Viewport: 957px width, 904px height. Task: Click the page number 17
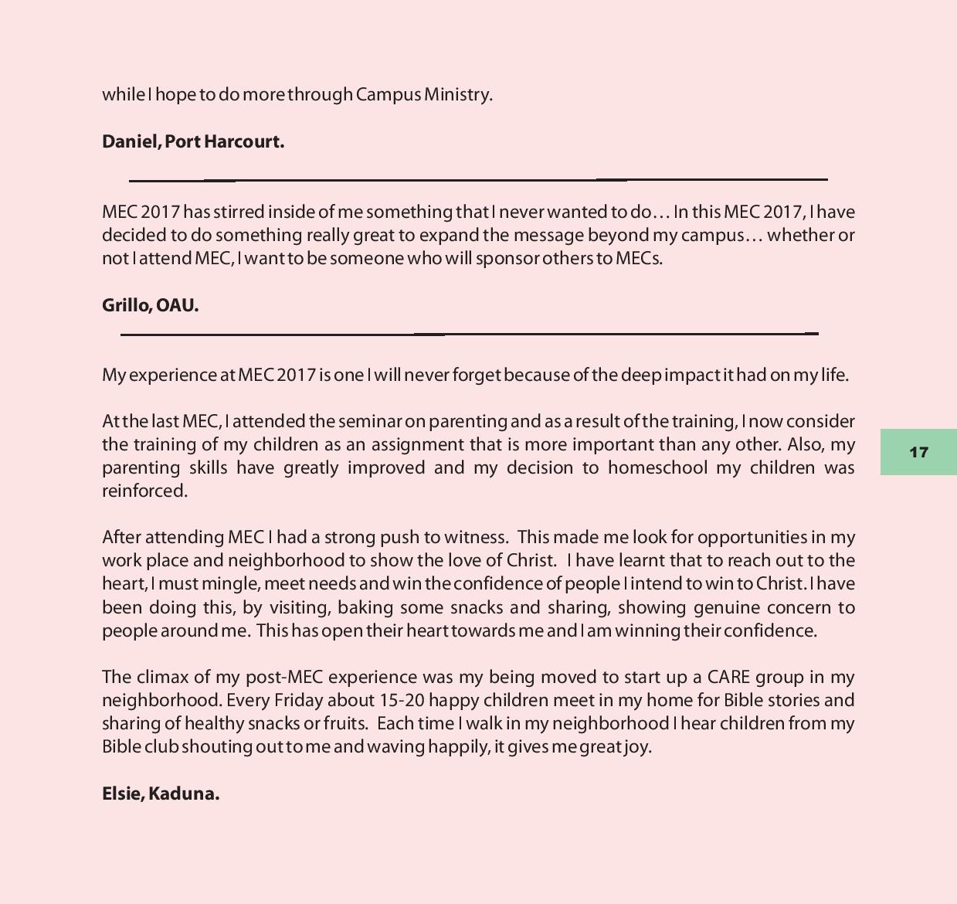pyautogui.click(x=918, y=452)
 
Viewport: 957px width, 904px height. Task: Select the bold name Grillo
pyautogui.click(x=125, y=305)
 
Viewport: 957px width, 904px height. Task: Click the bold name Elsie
pyautogui.click(x=120, y=794)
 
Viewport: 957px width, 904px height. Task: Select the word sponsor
pyautogui.click(x=507, y=258)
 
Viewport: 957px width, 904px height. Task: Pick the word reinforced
pyautogui.click(x=144, y=491)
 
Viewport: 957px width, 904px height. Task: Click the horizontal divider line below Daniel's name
pyautogui.click(x=478, y=180)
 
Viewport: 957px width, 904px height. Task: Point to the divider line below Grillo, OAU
pyautogui.click(x=469, y=335)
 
